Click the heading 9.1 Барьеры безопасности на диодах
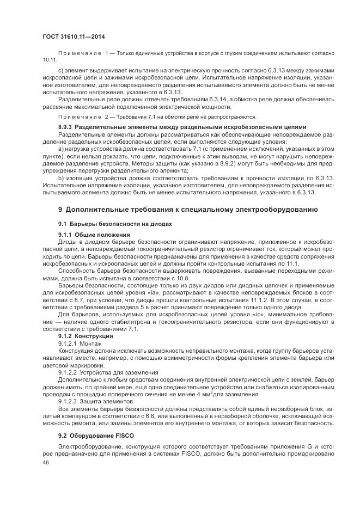(x=108, y=224)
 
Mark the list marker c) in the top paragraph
(x=60, y=71)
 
